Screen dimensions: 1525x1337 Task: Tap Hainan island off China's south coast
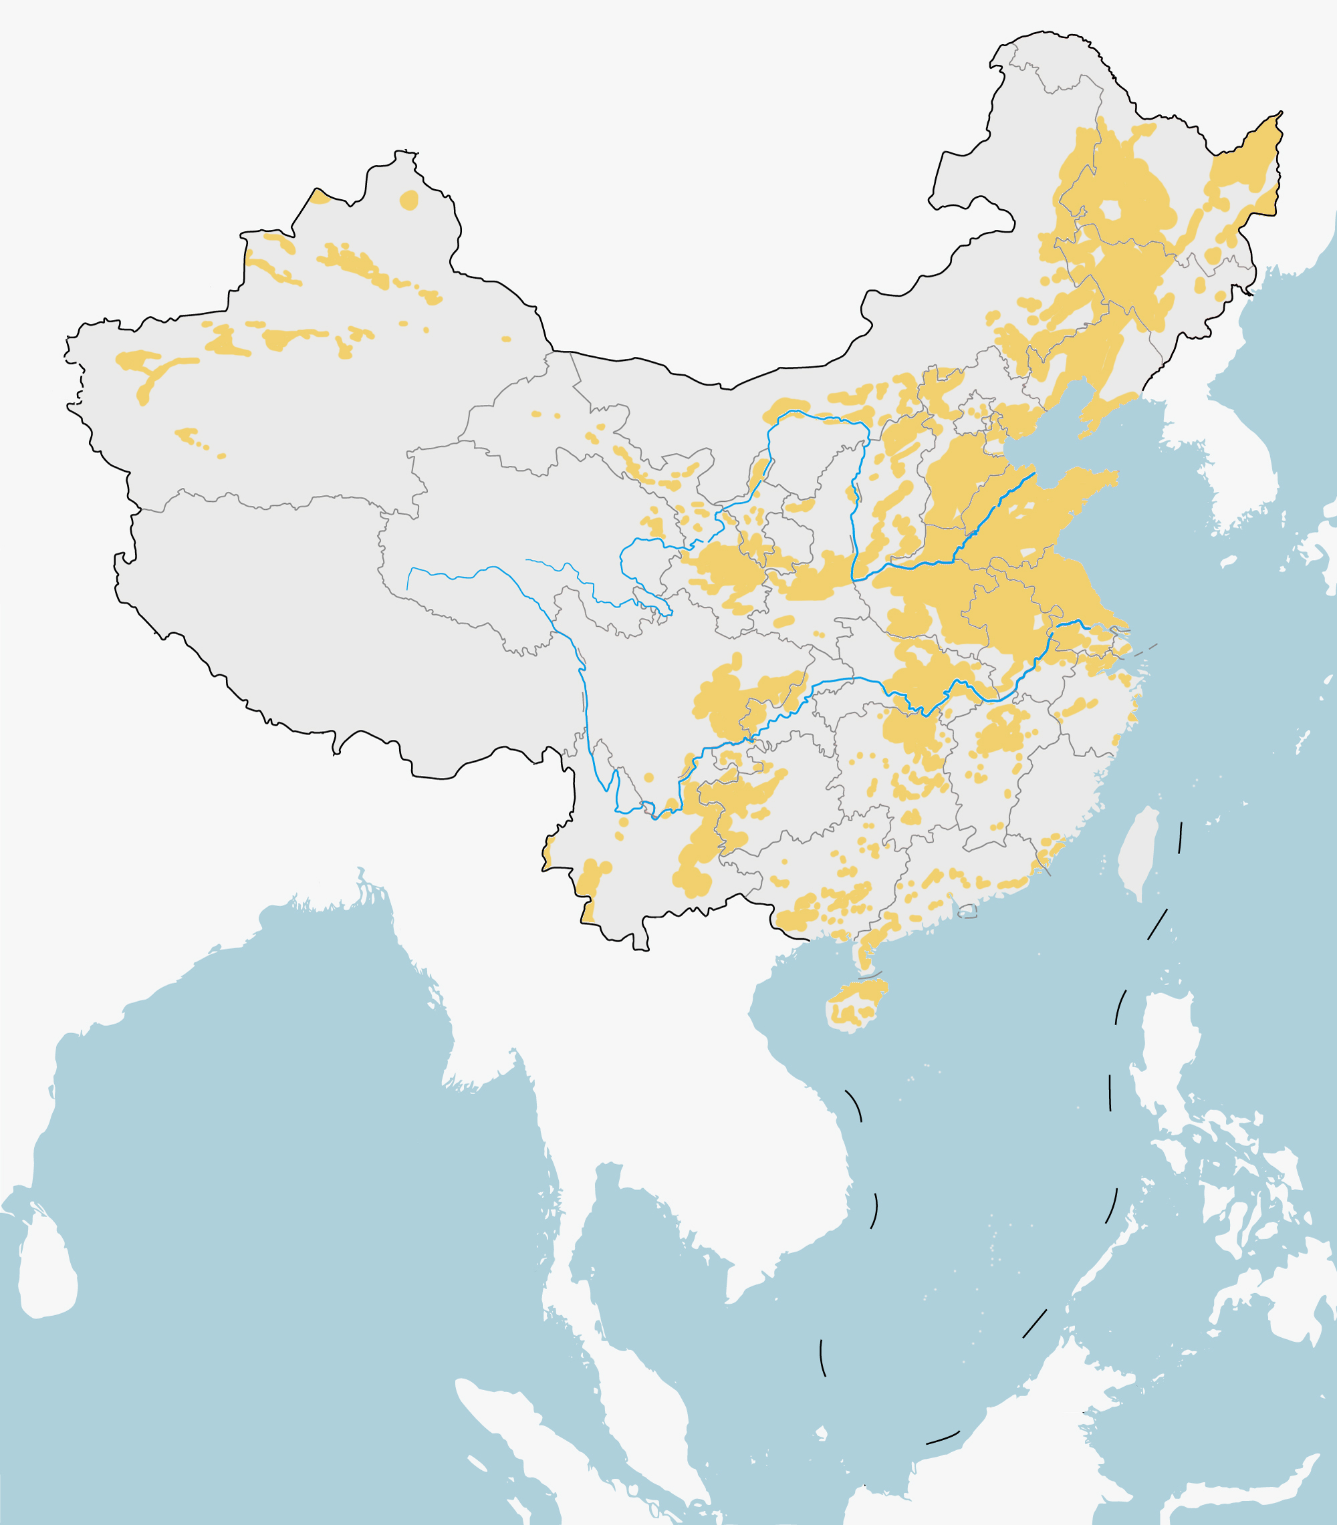tap(856, 1005)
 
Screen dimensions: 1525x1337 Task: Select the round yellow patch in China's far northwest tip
tap(409, 200)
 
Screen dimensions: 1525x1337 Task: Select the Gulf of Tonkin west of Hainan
tap(791, 984)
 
